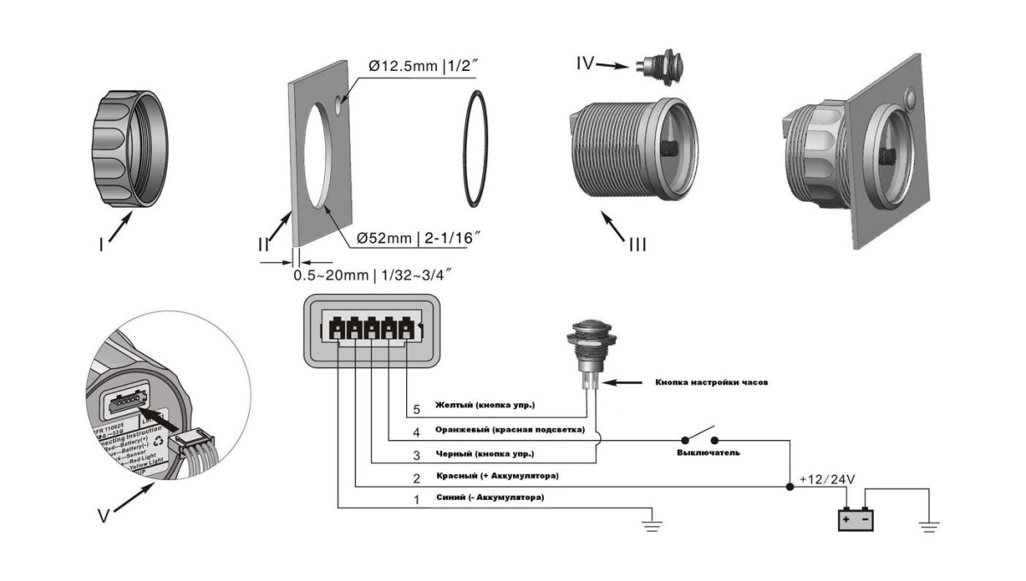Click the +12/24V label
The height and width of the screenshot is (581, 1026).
point(828,479)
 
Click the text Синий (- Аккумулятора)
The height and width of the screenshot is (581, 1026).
point(489,497)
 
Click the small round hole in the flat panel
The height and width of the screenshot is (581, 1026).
point(340,106)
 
